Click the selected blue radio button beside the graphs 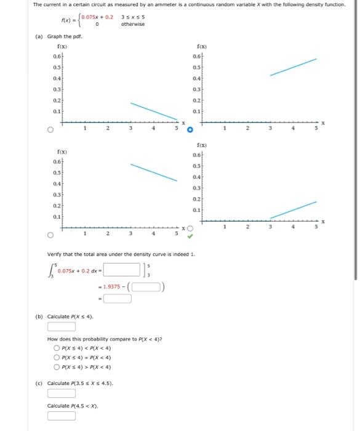190,131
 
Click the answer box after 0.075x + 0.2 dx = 122,270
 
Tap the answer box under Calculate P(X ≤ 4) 62,327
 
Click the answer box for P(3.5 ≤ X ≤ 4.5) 62,393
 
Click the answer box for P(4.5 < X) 62,416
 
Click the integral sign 51,269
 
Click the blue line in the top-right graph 294,67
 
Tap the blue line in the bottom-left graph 153,173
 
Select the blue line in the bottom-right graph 294,210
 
